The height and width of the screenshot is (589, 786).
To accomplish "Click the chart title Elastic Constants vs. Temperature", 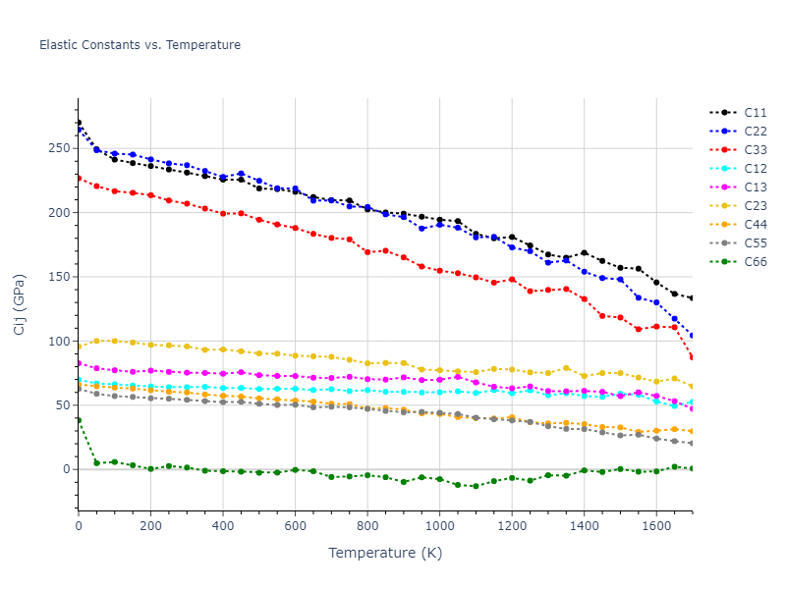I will pos(140,45).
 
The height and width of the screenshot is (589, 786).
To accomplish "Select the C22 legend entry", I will pos(755,132).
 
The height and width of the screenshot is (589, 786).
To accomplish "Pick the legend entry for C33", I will pos(755,150).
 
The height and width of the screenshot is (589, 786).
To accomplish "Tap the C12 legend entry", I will pos(755,169).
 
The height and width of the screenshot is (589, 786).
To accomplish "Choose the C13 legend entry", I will pos(755,187).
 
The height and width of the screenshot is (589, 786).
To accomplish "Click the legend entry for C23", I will pos(755,206).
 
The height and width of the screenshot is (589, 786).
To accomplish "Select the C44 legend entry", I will pos(755,225).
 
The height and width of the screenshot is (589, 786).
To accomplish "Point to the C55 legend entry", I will pos(755,243).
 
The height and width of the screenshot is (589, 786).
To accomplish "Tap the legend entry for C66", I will pos(755,262).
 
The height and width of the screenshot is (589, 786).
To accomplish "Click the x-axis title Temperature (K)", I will pos(385,554).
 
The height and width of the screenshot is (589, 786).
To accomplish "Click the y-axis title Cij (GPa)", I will pos(20,304).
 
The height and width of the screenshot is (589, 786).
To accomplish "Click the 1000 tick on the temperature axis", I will pos(439,527).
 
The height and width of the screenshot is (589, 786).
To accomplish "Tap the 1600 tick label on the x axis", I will pos(656,527).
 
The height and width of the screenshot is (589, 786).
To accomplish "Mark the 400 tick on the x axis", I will pos(223,527).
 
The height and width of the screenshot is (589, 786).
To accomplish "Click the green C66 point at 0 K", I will pos(79,420).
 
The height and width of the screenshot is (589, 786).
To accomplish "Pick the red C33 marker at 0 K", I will pos(79,178).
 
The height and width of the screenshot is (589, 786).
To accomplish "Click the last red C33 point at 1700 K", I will pos(692,357).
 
